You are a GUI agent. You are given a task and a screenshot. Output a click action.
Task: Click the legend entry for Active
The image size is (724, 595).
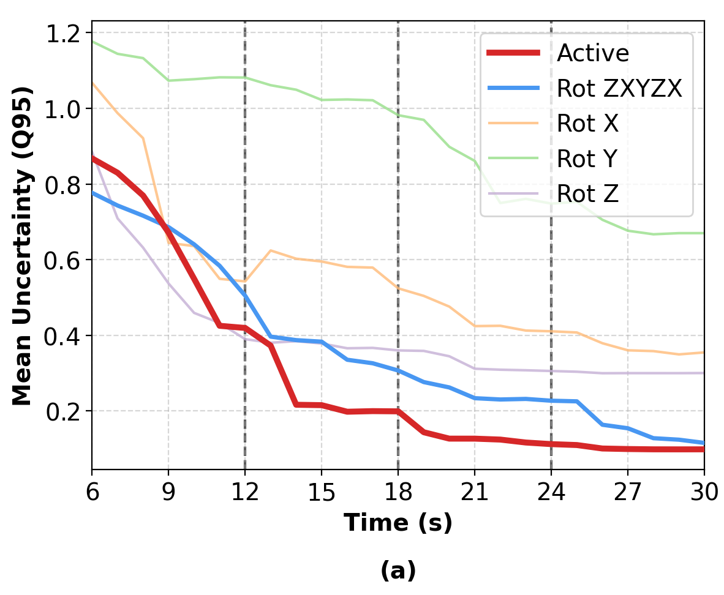point(592,53)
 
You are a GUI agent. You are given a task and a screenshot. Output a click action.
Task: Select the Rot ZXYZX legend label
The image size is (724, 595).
point(619,89)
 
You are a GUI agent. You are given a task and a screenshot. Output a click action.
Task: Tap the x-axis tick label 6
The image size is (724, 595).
point(92,492)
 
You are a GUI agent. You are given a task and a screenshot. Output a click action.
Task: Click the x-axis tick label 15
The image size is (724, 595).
point(321,492)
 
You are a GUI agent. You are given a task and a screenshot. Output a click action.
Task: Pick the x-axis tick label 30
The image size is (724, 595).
point(703,492)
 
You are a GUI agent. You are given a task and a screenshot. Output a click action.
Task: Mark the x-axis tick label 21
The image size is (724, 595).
point(474,492)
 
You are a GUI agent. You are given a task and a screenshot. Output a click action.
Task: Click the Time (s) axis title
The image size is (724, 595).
point(398,523)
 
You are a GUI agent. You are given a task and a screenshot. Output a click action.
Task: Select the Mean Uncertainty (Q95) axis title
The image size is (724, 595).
point(23,245)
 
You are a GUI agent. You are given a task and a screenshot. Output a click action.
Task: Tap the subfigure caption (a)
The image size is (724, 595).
point(398,571)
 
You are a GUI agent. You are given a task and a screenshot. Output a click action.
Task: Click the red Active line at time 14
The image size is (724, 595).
point(296,405)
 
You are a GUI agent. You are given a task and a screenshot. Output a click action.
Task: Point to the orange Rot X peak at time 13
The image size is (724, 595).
point(270,250)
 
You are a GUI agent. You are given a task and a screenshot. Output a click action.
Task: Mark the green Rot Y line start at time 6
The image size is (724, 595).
point(93,42)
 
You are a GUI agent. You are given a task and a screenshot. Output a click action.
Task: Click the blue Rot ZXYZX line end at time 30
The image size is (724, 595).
point(703,443)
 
